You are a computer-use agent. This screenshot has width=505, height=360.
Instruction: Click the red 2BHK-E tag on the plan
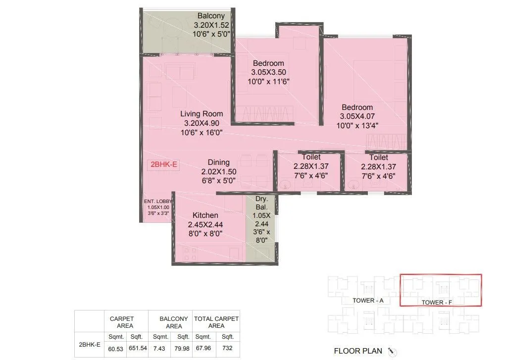click(162, 165)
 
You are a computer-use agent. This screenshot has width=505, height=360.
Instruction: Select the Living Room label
click(202, 113)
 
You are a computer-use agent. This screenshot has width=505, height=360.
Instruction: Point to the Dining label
click(218, 162)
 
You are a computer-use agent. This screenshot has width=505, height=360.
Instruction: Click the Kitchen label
click(205, 215)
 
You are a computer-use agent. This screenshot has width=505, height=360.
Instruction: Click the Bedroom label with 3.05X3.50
click(268, 63)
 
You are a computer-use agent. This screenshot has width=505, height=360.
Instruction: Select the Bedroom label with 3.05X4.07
click(356, 107)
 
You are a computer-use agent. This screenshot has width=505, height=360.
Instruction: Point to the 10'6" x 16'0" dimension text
click(202, 132)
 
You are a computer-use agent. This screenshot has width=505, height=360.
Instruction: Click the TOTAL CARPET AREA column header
click(216, 322)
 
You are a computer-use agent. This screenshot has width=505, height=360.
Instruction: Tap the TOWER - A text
click(368, 301)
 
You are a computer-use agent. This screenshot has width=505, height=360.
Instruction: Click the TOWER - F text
click(437, 302)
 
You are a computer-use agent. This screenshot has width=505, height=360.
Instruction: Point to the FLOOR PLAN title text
click(358, 351)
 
